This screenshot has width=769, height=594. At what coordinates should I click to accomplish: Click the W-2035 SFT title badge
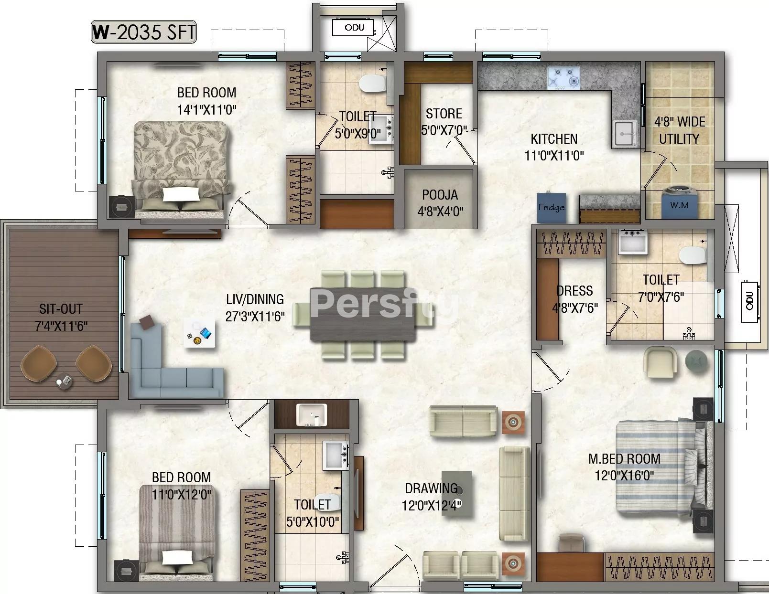click(x=144, y=32)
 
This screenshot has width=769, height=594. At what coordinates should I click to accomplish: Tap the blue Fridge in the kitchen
click(x=551, y=208)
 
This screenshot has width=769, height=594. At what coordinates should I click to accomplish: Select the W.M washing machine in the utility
click(x=679, y=202)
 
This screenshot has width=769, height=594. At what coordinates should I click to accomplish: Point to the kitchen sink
click(x=625, y=133)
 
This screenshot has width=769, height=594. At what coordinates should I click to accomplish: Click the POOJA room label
click(x=440, y=195)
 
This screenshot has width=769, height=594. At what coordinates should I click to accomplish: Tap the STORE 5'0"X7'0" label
click(x=444, y=122)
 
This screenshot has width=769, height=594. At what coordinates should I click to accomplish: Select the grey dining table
click(x=363, y=315)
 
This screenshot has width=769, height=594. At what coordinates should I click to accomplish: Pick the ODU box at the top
click(x=353, y=28)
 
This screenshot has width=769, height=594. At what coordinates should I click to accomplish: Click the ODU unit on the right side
click(x=750, y=302)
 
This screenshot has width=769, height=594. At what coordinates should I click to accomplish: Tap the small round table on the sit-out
click(x=64, y=382)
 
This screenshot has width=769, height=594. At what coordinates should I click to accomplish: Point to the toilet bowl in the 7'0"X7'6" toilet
click(x=692, y=255)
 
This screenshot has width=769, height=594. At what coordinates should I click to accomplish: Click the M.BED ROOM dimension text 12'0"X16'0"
click(x=624, y=476)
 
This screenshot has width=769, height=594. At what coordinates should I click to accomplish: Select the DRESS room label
click(x=574, y=291)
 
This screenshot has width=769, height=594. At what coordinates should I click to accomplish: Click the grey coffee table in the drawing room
click(x=457, y=494)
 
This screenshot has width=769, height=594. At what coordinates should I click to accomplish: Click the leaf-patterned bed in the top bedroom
click(x=181, y=170)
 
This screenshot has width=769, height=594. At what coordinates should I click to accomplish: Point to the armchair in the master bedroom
click(x=661, y=362)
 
